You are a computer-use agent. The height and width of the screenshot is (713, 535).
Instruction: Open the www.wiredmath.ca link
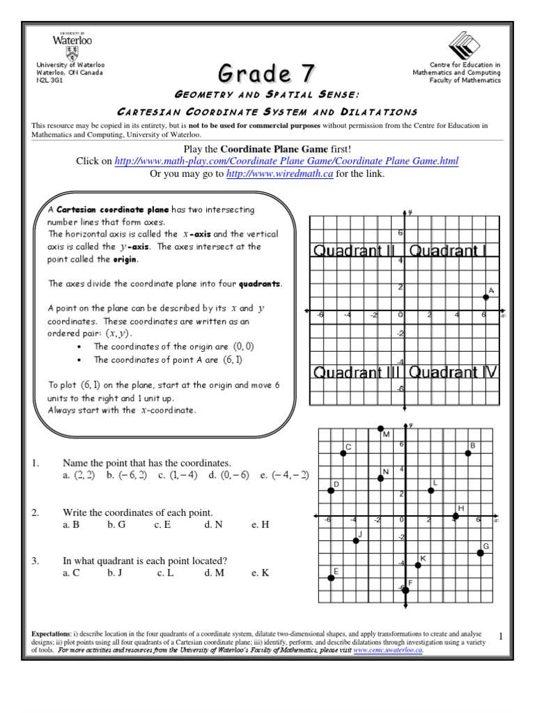pyautogui.click(x=280, y=174)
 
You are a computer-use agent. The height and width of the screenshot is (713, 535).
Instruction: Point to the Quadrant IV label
pyautogui.click(x=453, y=372)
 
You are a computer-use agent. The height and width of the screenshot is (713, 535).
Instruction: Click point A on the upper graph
pyautogui.click(x=486, y=297)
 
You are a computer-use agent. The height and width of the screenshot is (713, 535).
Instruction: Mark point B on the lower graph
pyautogui.click(x=467, y=453)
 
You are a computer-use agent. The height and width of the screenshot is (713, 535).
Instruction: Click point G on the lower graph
pyautogui.click(x=481, y=553)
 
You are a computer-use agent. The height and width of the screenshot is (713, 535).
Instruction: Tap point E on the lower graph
pyautogui.click(x=332, y=578)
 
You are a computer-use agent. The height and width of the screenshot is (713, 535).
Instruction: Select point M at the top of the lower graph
pyautogui.click(x=380, y=428)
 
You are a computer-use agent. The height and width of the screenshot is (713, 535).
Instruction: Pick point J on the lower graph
pyautogui.click(x=356, y=541)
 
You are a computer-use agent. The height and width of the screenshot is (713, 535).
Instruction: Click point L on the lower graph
pyautogui.click(x=431, y=491)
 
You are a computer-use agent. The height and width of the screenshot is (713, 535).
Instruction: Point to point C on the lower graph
pyautogui.click(x=343, y=454)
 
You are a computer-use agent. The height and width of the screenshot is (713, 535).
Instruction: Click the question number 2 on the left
pyautogui.click(x=35, y=513)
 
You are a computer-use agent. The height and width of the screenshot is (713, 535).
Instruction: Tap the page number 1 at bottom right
pyautogui.click(x=501, y=636)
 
